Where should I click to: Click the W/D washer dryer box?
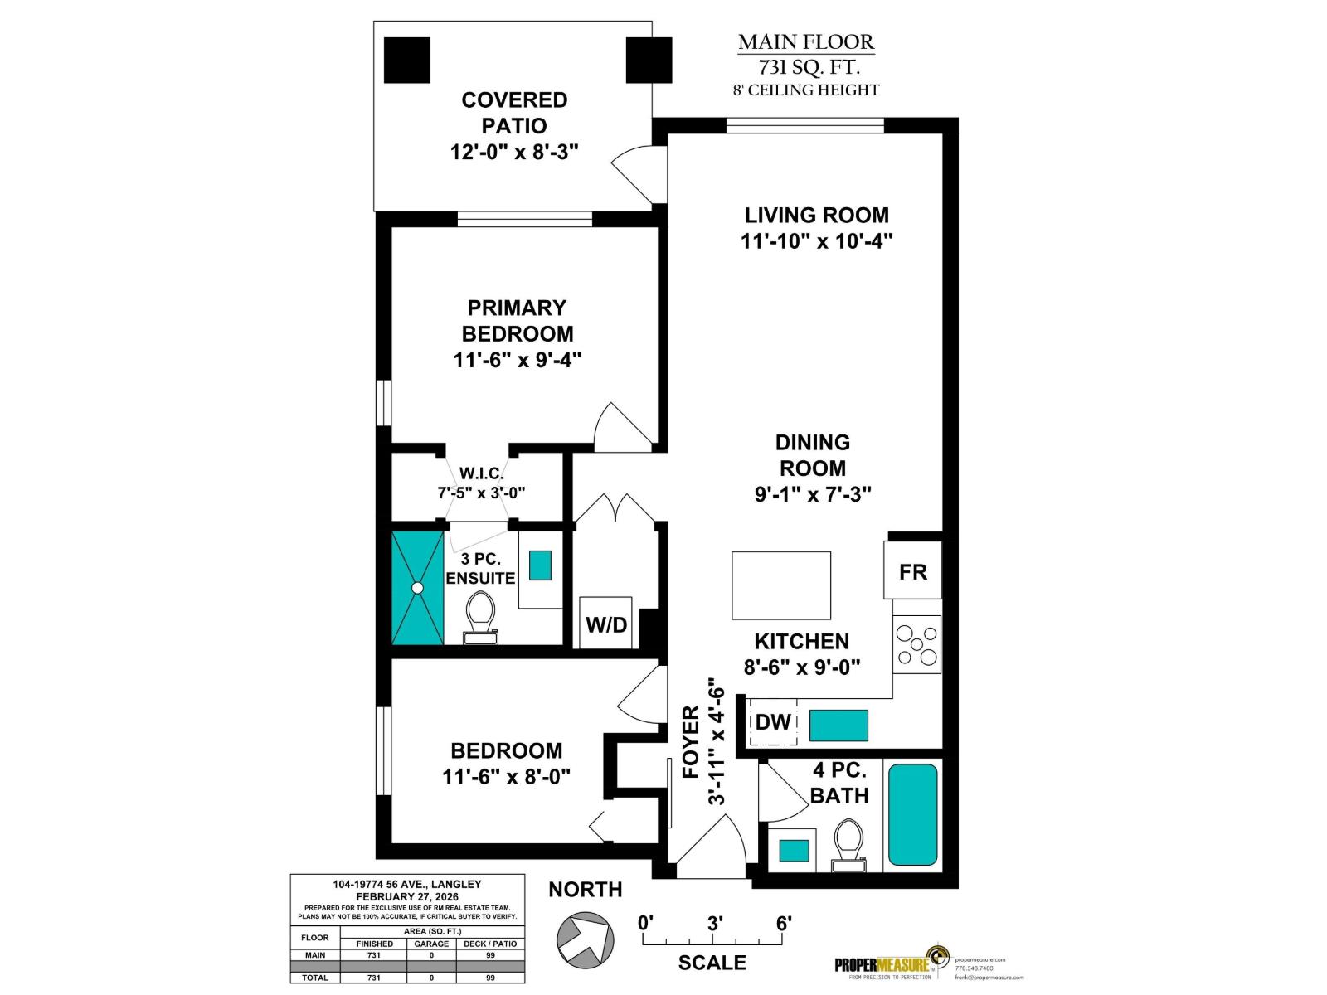coord(605,624)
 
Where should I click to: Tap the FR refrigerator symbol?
coord(912,571)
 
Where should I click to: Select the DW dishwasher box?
coord(773,722)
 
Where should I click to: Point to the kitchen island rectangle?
coord(780,585)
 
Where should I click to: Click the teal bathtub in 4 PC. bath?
coord(912,815)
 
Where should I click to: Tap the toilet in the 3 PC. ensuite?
coord(480,618)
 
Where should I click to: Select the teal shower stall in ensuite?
coord(417,587)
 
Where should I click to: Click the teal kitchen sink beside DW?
coord(838,725)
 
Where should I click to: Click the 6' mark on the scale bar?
coord(784,923)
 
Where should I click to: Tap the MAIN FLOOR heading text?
coord(805,41)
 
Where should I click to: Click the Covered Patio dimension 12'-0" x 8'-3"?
coord(514,152)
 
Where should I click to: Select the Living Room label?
coord(816,215)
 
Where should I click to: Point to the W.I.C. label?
coord(481,473)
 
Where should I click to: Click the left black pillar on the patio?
coord(407,60)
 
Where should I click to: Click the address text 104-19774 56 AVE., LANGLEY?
coord(406,884)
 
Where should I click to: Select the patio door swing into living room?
coord(639,172)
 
